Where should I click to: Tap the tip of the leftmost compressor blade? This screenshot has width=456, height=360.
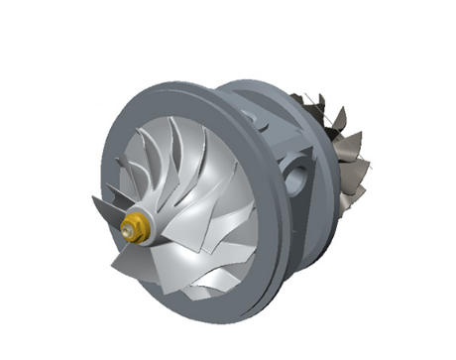click(x=95, y=203)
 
